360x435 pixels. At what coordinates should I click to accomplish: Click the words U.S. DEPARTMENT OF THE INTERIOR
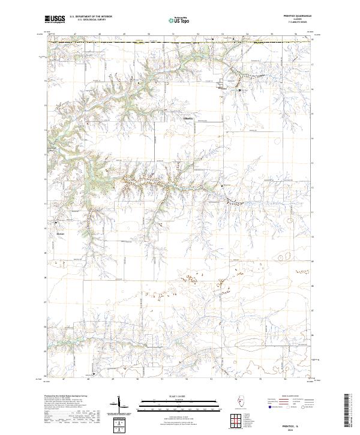[x=91, y=17]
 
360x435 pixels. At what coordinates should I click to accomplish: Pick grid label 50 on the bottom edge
[x=138, y=379]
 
